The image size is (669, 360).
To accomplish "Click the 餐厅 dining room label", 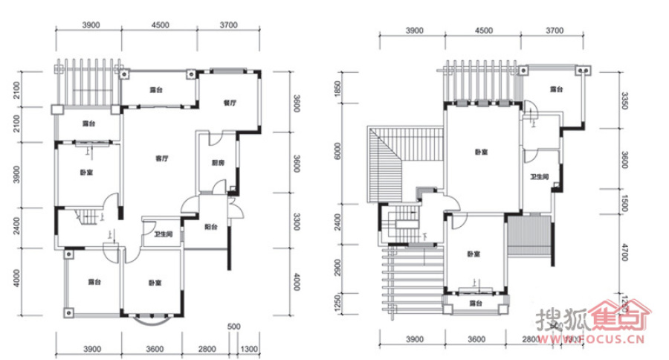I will pyautogui.click(x=230, y=103).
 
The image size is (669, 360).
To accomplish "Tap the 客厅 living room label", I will pyautogui.click(x=160, y=158).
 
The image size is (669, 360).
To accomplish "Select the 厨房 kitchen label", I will pyautogui.click(x=218, y=162).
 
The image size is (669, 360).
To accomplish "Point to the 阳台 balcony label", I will pyautogui.click(x=211, y=228).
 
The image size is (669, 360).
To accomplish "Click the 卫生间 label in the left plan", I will pyautogui.click(x=163, y=235).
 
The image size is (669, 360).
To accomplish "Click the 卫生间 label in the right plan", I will pyautogui.click(x=540, y=177).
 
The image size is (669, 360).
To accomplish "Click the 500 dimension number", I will pyautogui.click(x=233, y=327).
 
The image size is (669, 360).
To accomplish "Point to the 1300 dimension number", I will pyautogui.click(x=248, y=349).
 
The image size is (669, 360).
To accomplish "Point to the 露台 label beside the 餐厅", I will pyautogui.click(x=156, y=89).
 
